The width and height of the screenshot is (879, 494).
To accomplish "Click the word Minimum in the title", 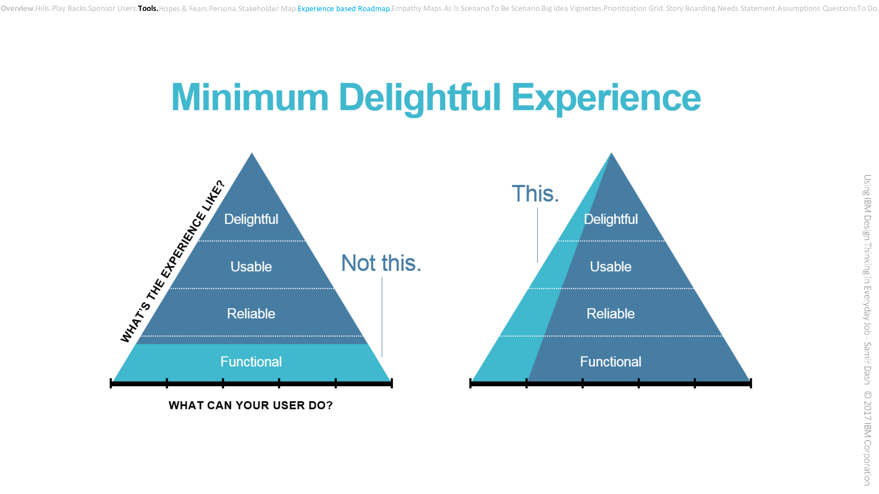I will pos(250,97).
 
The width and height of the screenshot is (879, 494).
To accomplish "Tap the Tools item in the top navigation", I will pos(148,8).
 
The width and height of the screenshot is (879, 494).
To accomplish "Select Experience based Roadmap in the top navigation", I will pos(344,9).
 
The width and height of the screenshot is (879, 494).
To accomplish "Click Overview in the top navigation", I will pos(17,8).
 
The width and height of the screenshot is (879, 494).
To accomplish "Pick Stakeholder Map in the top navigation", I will pos(267,9).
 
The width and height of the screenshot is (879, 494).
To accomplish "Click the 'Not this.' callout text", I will pos(381,263).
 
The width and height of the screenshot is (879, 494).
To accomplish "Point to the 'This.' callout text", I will pos(535,194).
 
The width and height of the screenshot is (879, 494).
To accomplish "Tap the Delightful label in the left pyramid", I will pos(251,219).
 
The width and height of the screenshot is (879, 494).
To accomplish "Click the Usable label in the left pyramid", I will pos(251,267).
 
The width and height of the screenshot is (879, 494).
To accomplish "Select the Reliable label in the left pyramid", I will pos(251,314).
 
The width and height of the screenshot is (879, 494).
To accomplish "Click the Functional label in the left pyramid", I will pos(251,362).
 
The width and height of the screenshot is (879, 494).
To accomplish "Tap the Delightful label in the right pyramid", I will pos(611,219).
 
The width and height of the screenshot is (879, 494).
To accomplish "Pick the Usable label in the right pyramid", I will pos(611,267).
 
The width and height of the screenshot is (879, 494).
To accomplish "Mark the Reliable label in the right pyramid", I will pos(611,314).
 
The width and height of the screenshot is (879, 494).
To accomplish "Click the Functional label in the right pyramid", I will pos(611,362).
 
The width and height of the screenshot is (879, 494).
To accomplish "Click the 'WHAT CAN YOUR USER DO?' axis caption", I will pos(250,405).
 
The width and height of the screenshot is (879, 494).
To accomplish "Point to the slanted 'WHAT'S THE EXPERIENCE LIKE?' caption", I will pos(173,261).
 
